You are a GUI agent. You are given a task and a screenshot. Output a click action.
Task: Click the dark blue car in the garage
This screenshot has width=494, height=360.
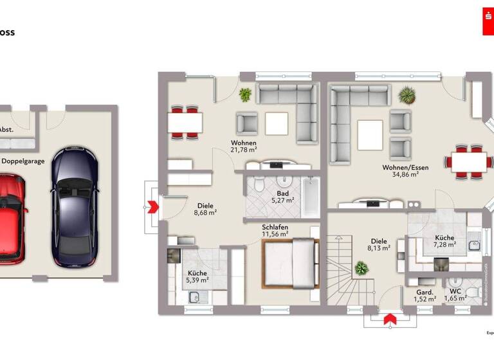[75, 206]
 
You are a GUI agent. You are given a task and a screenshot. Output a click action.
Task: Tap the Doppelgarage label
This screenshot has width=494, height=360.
[23, 161]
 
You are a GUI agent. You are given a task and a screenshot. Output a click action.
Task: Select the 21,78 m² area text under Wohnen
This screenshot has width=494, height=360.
[244, 150]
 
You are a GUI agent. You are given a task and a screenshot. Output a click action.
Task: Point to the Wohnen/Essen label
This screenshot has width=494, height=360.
[405, 168]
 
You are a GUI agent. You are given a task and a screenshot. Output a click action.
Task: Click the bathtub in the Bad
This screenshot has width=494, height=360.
[311, 197]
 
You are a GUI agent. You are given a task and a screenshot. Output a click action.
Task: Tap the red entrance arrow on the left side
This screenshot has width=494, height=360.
[153, 207]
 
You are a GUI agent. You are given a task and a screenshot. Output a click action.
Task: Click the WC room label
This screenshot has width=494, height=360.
[455, 291]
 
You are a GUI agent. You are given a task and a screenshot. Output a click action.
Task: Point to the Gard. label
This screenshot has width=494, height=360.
[424, 291]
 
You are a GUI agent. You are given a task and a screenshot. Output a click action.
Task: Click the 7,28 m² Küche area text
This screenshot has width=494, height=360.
[444, 245]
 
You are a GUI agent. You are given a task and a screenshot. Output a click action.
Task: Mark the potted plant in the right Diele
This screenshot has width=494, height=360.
[361, 267]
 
